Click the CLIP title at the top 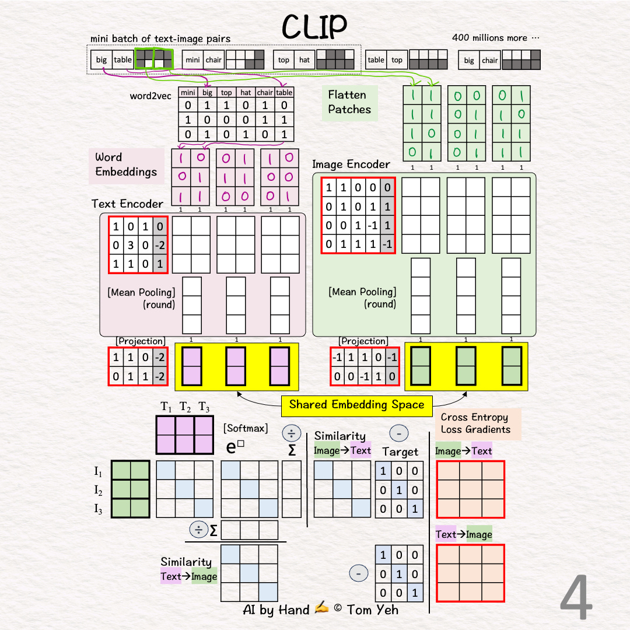314,26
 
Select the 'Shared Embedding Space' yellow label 356,405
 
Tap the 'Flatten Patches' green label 349,102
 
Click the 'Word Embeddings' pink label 126,164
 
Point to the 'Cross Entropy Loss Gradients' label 475,423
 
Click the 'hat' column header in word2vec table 246,92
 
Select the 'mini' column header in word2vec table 188,92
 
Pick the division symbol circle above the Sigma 291,433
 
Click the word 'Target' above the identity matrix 400,452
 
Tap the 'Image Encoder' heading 351,164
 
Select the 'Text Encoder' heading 127,204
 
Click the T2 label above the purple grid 185,407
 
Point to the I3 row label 99,509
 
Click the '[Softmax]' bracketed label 246,428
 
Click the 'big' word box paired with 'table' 101,60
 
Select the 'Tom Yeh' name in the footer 373,610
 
